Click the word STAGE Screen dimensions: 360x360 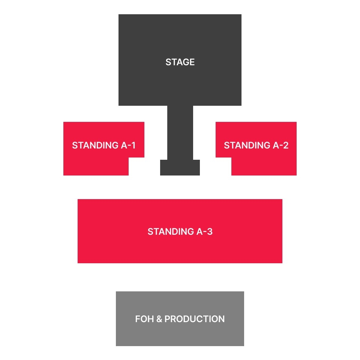180,62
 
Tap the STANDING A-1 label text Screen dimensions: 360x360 103,145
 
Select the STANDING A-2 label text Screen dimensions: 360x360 256,145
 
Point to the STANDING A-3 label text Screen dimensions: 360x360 180,231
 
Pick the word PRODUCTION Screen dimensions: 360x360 195,319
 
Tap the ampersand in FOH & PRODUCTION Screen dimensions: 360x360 159,319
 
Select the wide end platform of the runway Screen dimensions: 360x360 180,167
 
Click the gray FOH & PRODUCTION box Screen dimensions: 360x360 180,334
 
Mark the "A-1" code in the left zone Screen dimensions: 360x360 128,145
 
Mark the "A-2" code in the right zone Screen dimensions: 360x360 281,145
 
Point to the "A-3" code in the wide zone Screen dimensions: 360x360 205,231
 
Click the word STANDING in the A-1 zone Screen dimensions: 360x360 95,145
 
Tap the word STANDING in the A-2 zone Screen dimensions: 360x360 247,145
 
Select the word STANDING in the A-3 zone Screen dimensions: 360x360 171,231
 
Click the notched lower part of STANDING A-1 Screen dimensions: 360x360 96,166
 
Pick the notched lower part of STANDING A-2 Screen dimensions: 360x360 264,166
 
